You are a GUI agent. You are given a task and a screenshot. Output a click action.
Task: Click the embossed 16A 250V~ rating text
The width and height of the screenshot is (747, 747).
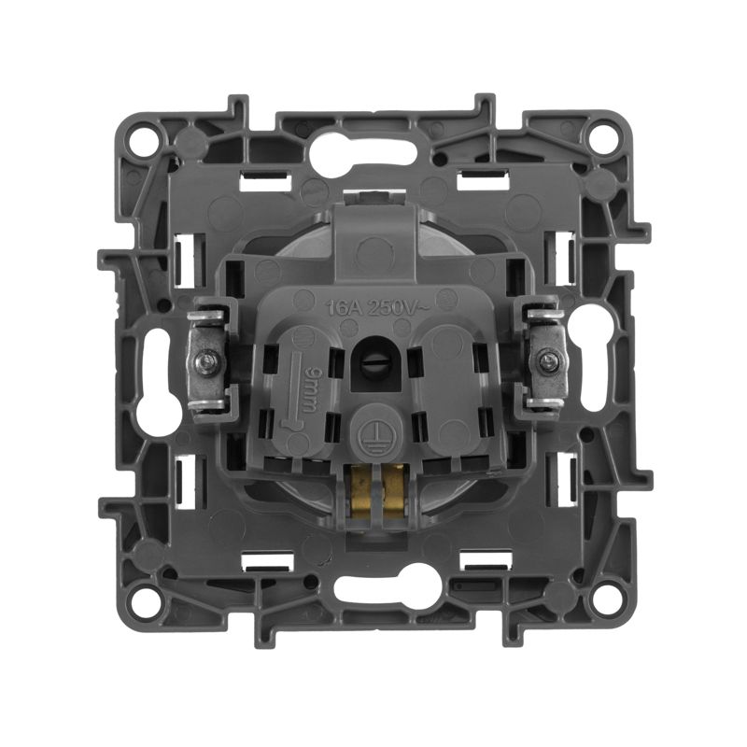click(378, 307)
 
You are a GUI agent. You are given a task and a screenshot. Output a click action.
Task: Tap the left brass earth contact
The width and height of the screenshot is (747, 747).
click(360, 492)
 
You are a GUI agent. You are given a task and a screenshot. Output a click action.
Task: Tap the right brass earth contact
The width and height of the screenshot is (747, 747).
click(393, 492)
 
